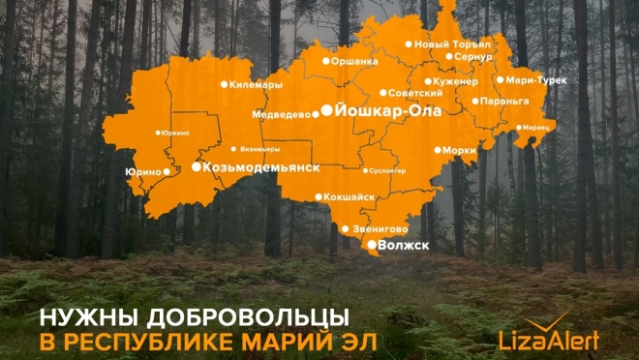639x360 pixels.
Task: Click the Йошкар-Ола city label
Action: click(387, 111)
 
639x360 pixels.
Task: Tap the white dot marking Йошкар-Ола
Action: click(326, 110)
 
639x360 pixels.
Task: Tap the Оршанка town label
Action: click(355, 60)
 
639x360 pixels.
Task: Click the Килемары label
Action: click(256, 85)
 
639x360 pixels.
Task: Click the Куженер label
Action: click(458, 82)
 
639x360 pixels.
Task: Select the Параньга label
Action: click(504, 101)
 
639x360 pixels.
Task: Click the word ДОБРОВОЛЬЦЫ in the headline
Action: click(241, 317)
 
